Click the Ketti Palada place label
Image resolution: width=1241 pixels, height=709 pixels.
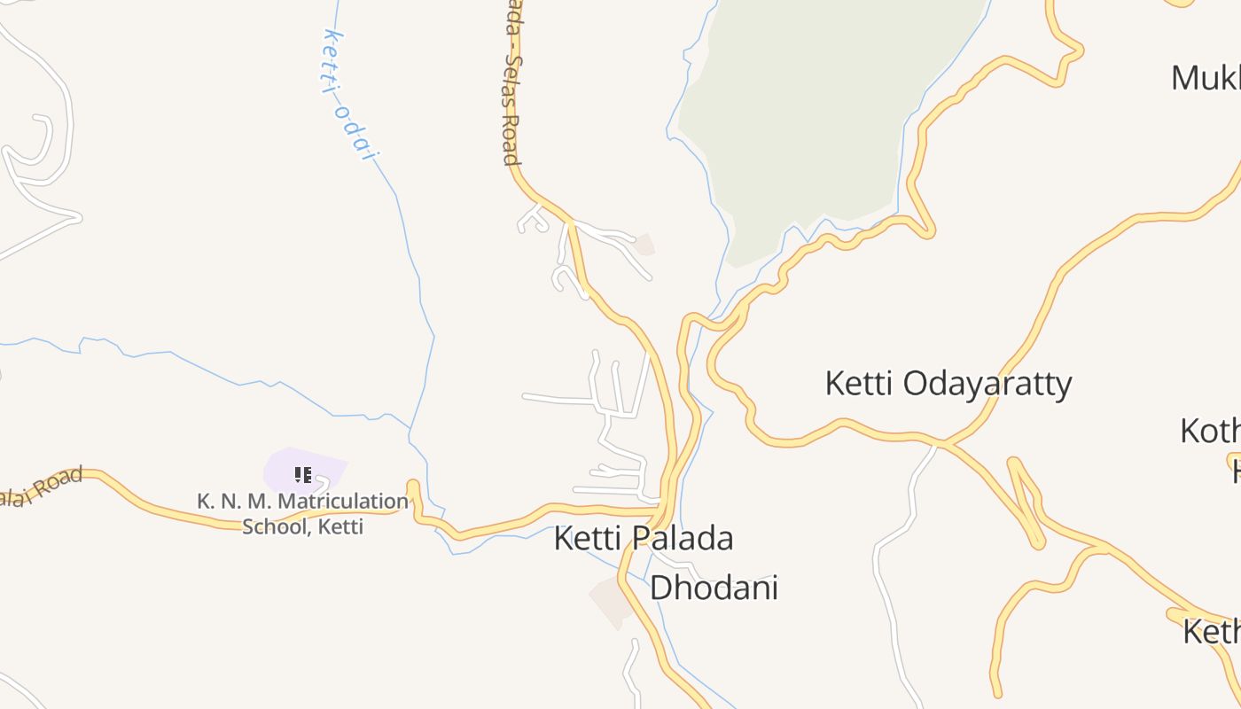[644, 538]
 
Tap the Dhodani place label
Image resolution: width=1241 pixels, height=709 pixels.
[714, 588]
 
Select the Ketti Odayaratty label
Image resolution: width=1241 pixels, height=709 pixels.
[948, 384]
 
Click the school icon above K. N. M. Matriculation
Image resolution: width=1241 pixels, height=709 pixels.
[303, 475]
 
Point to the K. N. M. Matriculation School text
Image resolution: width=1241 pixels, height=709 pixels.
[302, 513]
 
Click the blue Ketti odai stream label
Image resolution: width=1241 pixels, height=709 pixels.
[350, 96]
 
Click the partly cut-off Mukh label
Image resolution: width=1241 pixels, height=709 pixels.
[1206, 78]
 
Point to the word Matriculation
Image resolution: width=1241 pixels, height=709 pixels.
[343, 502]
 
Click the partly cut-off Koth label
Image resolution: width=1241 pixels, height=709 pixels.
[1211, 432]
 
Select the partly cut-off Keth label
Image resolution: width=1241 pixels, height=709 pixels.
[1212, 632]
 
